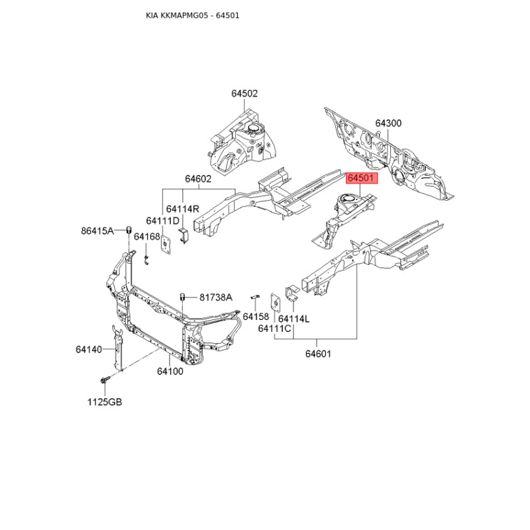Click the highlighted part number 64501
click(x=362, y=178)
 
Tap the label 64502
click(x=244, y=94)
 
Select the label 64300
click(x=388, y=123)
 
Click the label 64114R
click(x=182, y=209)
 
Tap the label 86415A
click(x=97, y=231)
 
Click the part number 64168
click(x=146, y=237)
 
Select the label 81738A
click(x=216, y=297)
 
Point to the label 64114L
click(x=293, y=319)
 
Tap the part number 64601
click(x=318, y=354)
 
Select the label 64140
click(x=89, y=349)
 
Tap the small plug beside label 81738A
click(x=181, y=296)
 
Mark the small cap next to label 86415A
click(x=123, y=230)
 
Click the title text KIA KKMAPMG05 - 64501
click(x=192, y=15)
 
